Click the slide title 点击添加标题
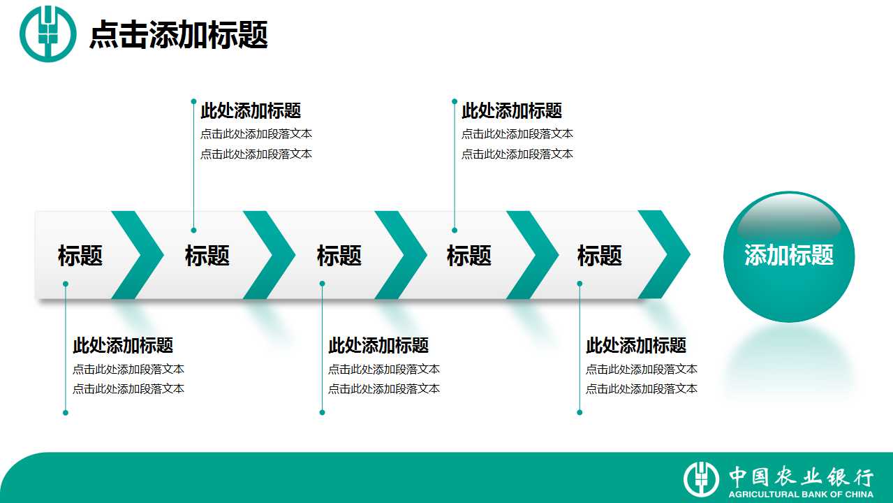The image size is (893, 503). [x=178, y=35]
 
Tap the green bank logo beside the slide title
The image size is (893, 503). [x=47, y=34]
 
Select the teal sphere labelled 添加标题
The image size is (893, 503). [x=789, y=256]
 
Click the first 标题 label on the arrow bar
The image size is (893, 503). [x=80, y=256]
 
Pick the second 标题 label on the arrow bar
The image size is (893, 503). [x=207, y=256]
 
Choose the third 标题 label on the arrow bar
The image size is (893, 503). [x=339, y=256]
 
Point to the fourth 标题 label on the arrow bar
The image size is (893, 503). [x=469, y=256]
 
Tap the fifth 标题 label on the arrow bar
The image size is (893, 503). [x=600, y=256]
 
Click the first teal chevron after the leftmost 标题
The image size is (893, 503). [x=138, y=255]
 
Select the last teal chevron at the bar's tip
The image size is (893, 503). [x=664, y=255]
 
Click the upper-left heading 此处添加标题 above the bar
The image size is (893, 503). [x=251, y=110]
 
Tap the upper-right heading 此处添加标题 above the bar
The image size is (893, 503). [x=512, y=110]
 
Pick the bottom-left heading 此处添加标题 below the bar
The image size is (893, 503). [x=123, y=345]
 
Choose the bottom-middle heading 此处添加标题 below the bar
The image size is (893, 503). [x=378, y=345]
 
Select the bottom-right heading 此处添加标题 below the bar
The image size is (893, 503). [x=636, y=345]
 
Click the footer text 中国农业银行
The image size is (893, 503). [x=802, y=476]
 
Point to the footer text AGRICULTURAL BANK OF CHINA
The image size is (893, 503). [x=801, y=494]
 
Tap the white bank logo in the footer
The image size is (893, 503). [x=701, y=479]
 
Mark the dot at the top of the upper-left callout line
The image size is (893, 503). [x=193, y=101]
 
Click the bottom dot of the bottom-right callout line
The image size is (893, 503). [x=580, y=412]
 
